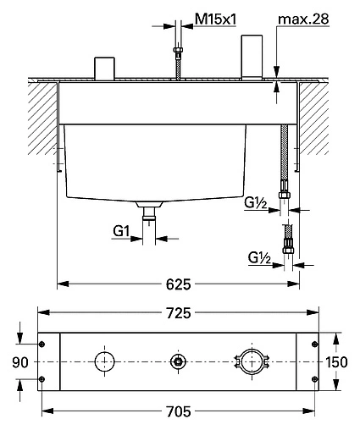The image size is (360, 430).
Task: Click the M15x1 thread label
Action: pyautogui.click(x=215, y=19)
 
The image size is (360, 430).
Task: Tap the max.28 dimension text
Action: pyautogui.click(x=303, y=19)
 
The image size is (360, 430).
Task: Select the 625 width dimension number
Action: pyautogui.click(x=178, y=284)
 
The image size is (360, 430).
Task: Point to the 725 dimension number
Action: pyautogui.click(x=178, y=313)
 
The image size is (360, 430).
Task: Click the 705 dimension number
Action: pyautogui.click(x=178, y=411)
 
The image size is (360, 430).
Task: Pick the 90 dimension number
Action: pyautogui.click(x=20, y=362)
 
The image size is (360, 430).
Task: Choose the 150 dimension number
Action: pyautogui.click(x=336, y=362)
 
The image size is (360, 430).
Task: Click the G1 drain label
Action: pyautogui.click(x=121, y=231)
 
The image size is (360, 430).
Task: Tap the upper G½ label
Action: pyautogui.click(x=256, y=202)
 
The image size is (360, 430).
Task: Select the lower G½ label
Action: pyautogui.click(x=259, y=257)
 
